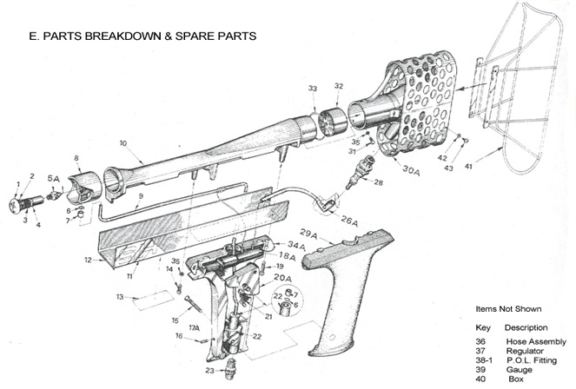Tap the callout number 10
[123, 142]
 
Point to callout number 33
[312, 88]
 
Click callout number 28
[377, 183]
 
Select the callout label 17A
[194, 328]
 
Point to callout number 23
[209, 371]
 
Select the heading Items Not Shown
[508, 309]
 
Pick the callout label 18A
[287, 257]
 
